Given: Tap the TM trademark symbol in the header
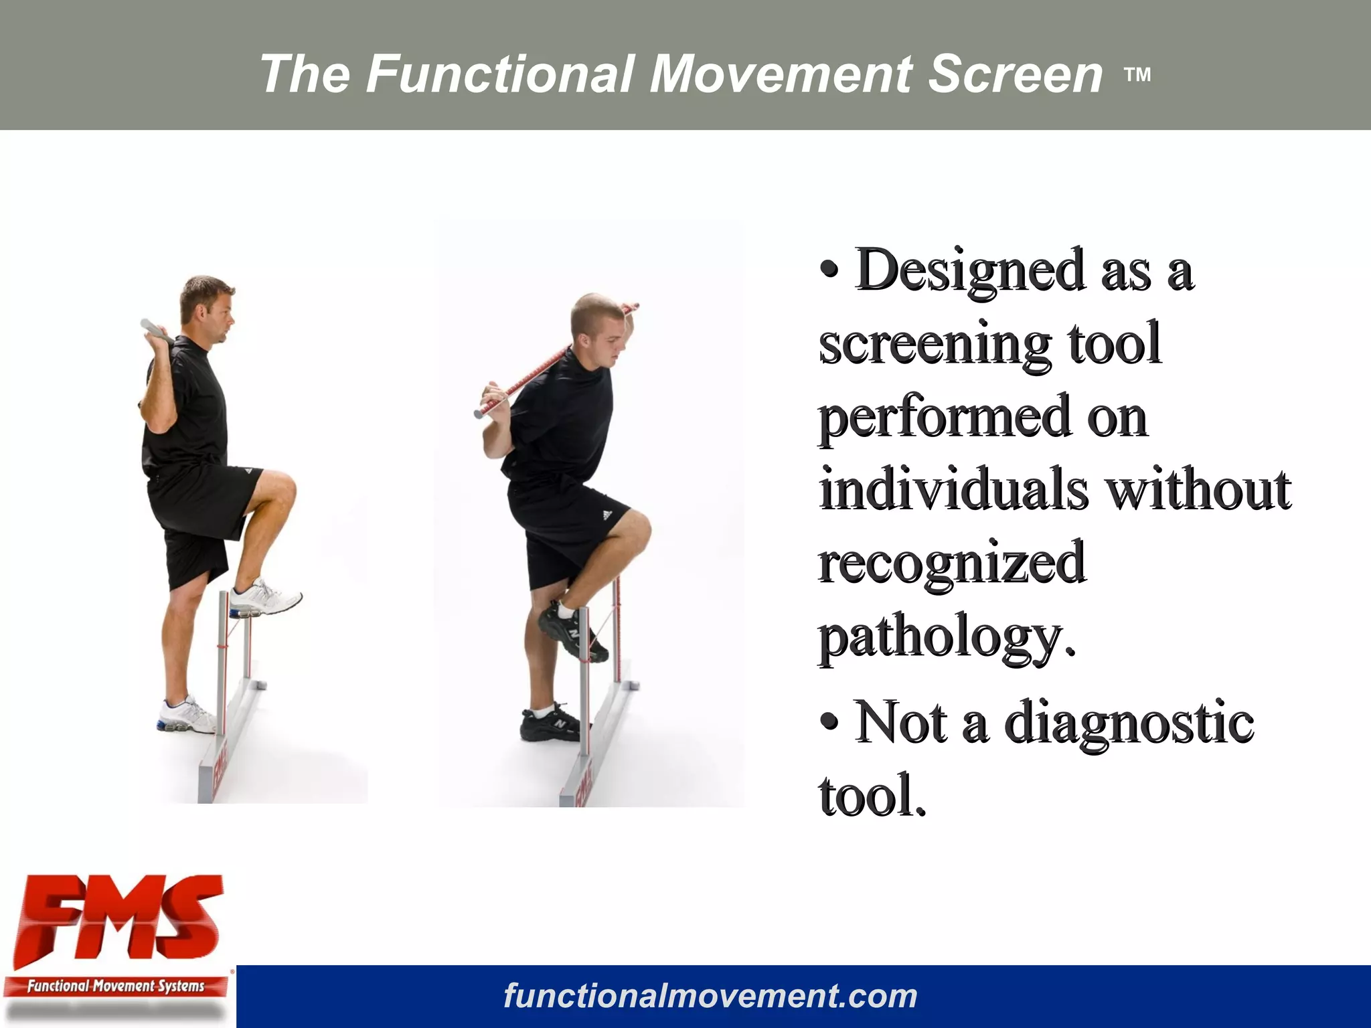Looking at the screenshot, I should (1137, 75).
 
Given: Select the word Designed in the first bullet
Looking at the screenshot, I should (969, 271).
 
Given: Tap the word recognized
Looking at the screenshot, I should (951, 564).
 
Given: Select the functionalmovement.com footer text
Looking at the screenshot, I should (710, 996).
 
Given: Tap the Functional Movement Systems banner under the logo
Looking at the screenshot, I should (115, 986).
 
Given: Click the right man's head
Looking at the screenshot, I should (598, 326).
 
